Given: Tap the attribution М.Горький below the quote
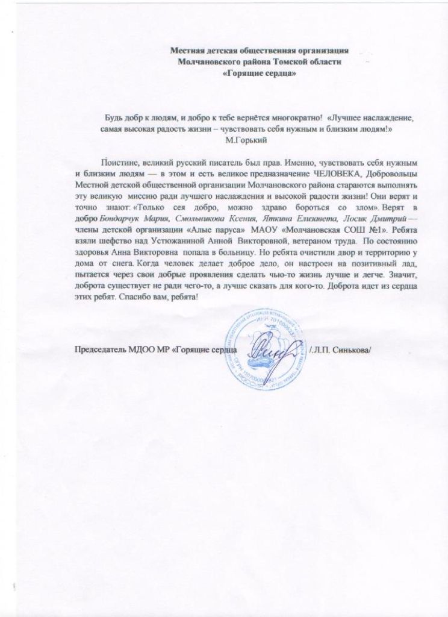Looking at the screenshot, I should tap(242, 140).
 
